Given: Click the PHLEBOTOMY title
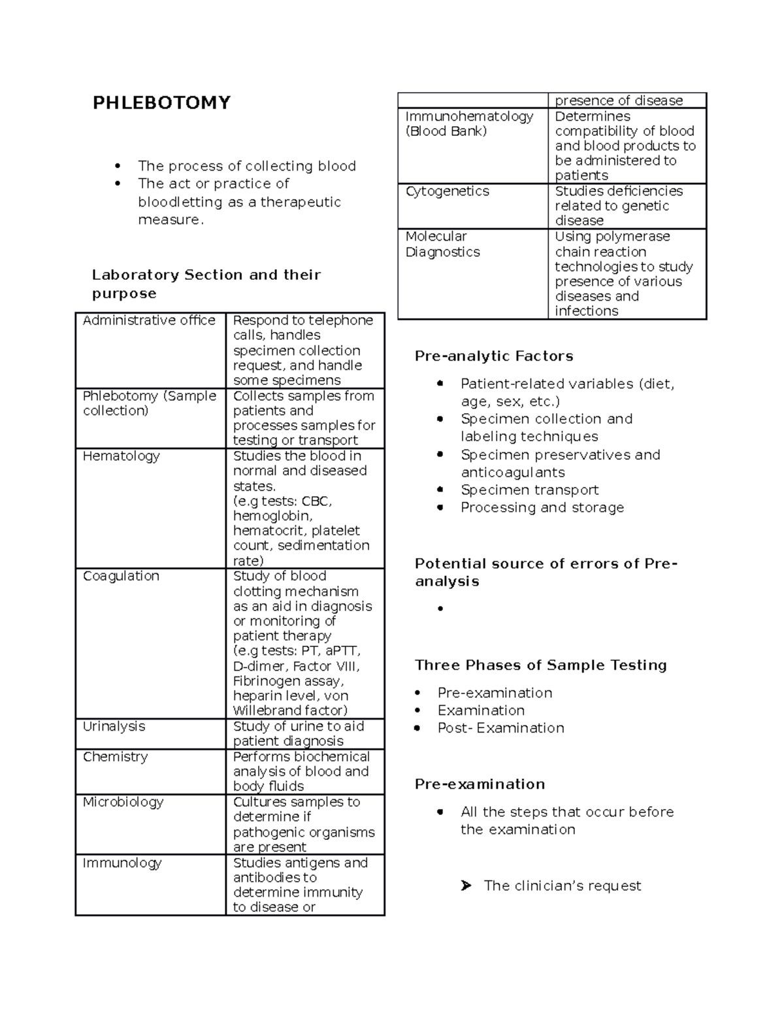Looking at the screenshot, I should pyautogui.click(x=161, y=103).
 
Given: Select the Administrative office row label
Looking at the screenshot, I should pyautogui.click(x=149, y=320).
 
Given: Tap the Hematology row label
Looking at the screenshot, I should pyautogui.click(x=121, y=456).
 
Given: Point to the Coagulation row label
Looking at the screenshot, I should pyautogui.click(x=121, y=576).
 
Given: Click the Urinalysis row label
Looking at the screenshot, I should pyautogui.click(x=114, y=726).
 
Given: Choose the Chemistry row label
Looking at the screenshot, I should pyautogui.click(x=115, y=757).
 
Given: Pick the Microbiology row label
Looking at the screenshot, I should pyautogui.click(x=123, y=802).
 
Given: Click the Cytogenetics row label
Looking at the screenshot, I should pyautogui.click(x=447, y=191).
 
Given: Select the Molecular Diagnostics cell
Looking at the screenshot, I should pyautogui.click(x=442, y=244).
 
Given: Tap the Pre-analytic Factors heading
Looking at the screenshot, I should pyautogui.click(x=494, y=356).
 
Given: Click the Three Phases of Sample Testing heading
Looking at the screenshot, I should pyautogui.click(x=540, y=665).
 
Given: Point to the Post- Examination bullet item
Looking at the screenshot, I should pyautogui.click(x=500, y=728).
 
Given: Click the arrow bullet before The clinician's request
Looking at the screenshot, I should pyautogui.click(x=465, y=886).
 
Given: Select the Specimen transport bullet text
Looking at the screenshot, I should pyautogui.click(x=529, y=490).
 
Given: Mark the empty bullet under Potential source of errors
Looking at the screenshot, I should pyautogui.click(x=441, y=608).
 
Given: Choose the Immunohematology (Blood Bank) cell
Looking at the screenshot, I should pyautogui.click(x=469, y=124).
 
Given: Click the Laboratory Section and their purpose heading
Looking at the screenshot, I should pyautogui.click(x=206, y=284).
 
